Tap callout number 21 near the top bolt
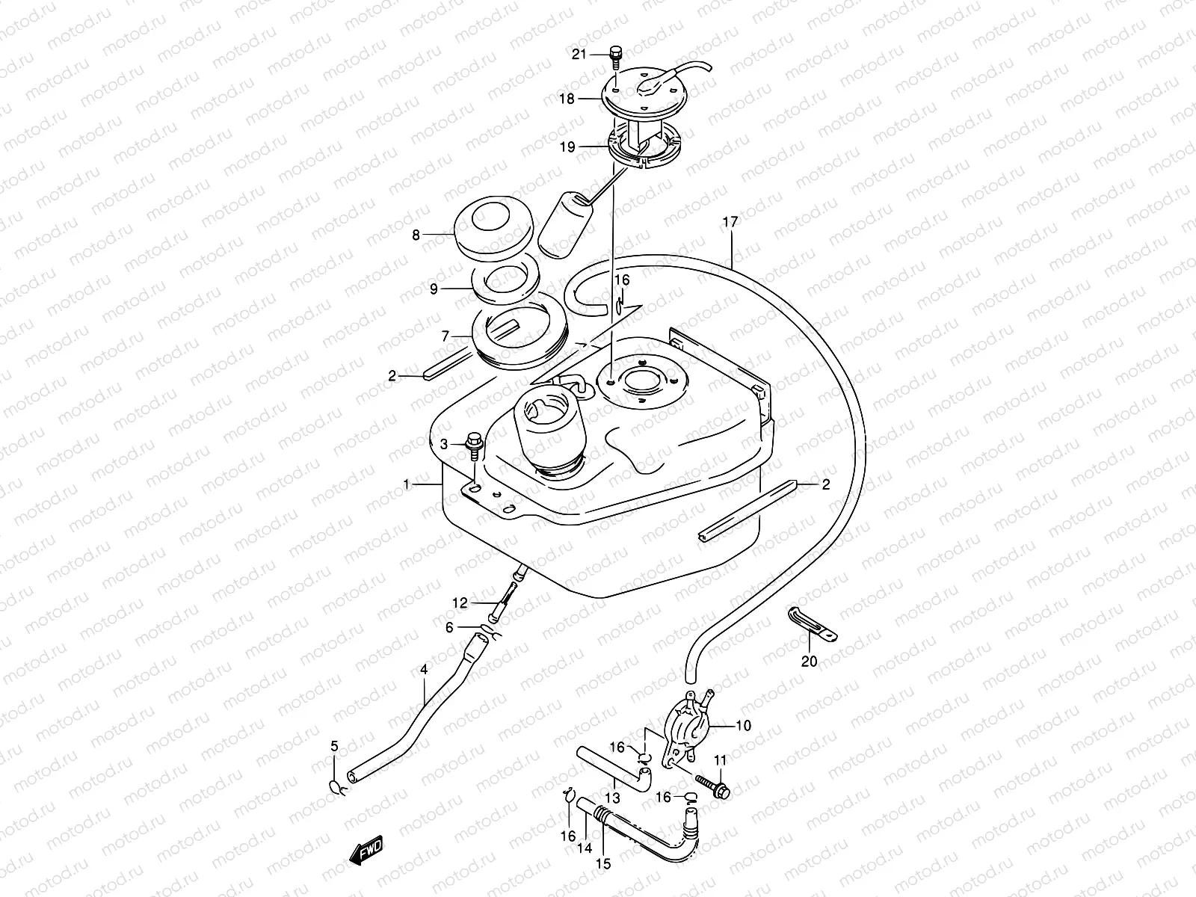point(580,54)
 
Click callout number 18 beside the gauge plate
point(567,98)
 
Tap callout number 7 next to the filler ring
point(446,336)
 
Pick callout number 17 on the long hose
point(730,222)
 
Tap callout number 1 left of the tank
point(407,485)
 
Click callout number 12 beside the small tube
point(459,602)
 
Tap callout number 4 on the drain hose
point(424,670)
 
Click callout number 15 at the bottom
point(603,863)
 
